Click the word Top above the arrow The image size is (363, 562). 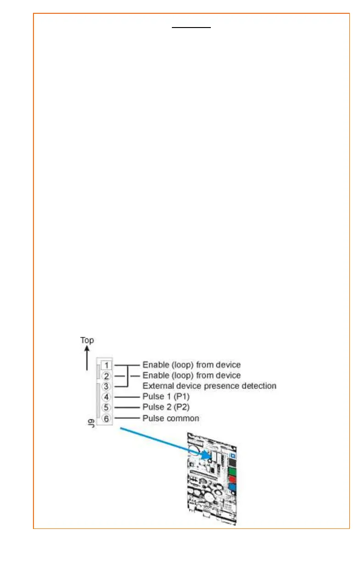click(87, 340)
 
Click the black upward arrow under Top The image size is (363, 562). click(87, 358)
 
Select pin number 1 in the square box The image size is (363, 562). click(106, 365)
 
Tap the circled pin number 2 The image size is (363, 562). click(106, 376)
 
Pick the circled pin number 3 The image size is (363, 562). click(106, 386)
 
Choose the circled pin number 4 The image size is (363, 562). click(106, 397)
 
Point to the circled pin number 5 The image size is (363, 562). click(106, 407)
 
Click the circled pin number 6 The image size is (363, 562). click(106, 418)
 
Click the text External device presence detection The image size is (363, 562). click(209, 386)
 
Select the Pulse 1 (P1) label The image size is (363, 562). click(166, 397)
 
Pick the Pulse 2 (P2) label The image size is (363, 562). click(166, 407)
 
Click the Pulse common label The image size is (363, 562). click(171, 418)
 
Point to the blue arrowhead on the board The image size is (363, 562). click(207, 455)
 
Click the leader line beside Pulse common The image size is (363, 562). click(126, 418)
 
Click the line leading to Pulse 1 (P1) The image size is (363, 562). click(126, 397)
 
